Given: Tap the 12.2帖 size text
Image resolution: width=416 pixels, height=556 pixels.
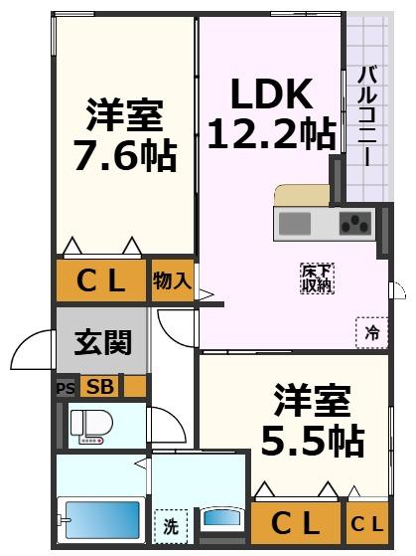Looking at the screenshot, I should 271,132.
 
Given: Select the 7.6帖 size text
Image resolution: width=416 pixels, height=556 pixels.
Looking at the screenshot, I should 124,155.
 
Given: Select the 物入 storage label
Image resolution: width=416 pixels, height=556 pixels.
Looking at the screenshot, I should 172,280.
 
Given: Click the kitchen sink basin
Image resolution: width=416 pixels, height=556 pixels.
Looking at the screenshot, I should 295,222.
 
